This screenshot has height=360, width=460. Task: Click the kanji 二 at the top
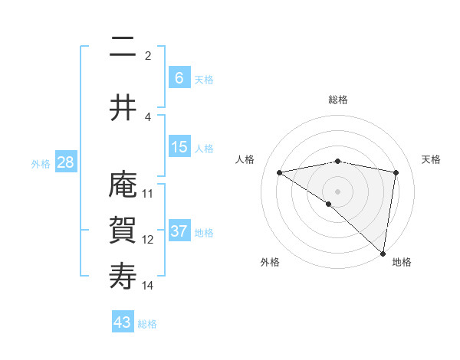123,47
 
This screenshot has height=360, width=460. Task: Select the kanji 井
123,109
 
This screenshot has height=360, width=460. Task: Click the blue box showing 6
179,78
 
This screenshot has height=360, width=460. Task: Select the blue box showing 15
179,148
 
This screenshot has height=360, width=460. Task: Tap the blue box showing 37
179,231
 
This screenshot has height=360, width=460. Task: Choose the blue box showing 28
65,163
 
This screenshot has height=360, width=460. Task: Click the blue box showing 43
123,322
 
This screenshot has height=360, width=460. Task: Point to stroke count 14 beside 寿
148,286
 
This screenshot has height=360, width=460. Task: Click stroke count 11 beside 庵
148,194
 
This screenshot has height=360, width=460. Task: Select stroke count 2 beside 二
148,56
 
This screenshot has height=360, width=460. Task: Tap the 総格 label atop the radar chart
337,100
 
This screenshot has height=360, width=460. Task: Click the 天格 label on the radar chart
432,159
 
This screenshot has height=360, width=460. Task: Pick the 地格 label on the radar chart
402,262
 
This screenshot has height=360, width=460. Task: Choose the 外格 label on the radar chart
270,262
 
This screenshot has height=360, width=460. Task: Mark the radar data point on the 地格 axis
383,253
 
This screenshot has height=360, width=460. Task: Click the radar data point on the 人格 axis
279,172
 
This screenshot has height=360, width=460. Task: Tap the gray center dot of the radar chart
337,191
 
